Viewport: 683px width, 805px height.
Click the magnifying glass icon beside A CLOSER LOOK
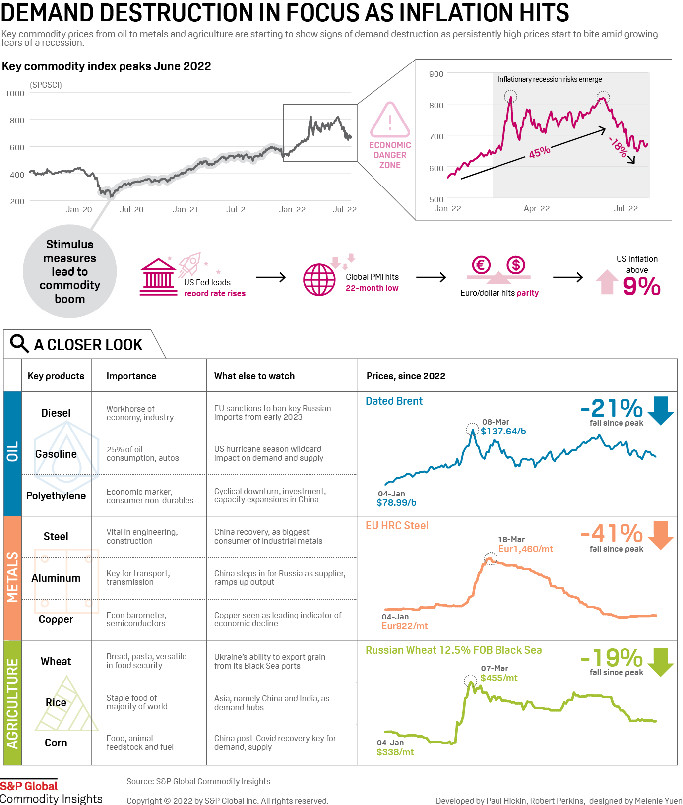point(19,343)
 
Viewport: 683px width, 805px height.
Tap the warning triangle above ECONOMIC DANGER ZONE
point(390,121)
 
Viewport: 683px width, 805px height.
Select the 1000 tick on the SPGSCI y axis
point(15,93)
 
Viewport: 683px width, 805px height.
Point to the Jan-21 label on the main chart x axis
point(185,209)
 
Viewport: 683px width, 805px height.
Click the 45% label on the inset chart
point(539,152)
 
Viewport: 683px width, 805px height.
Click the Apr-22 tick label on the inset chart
point(536,208)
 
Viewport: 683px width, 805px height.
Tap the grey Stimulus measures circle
point(69,271)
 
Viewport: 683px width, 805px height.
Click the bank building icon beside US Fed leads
point(158,277)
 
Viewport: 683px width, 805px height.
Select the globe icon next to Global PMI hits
point(319,280)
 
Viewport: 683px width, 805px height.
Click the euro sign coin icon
point(481,265)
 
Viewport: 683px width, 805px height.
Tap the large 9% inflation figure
point(641,286)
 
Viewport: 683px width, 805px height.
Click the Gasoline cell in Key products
point(56,454)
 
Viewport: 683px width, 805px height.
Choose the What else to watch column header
point(254,376)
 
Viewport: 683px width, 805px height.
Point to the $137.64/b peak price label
point(503,431)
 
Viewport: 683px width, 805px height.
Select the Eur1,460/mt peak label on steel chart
point(525,549)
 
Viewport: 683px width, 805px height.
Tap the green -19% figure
point(612,658)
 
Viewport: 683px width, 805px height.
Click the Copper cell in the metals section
point(56,619)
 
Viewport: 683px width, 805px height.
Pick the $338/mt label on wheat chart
point(395,752)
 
